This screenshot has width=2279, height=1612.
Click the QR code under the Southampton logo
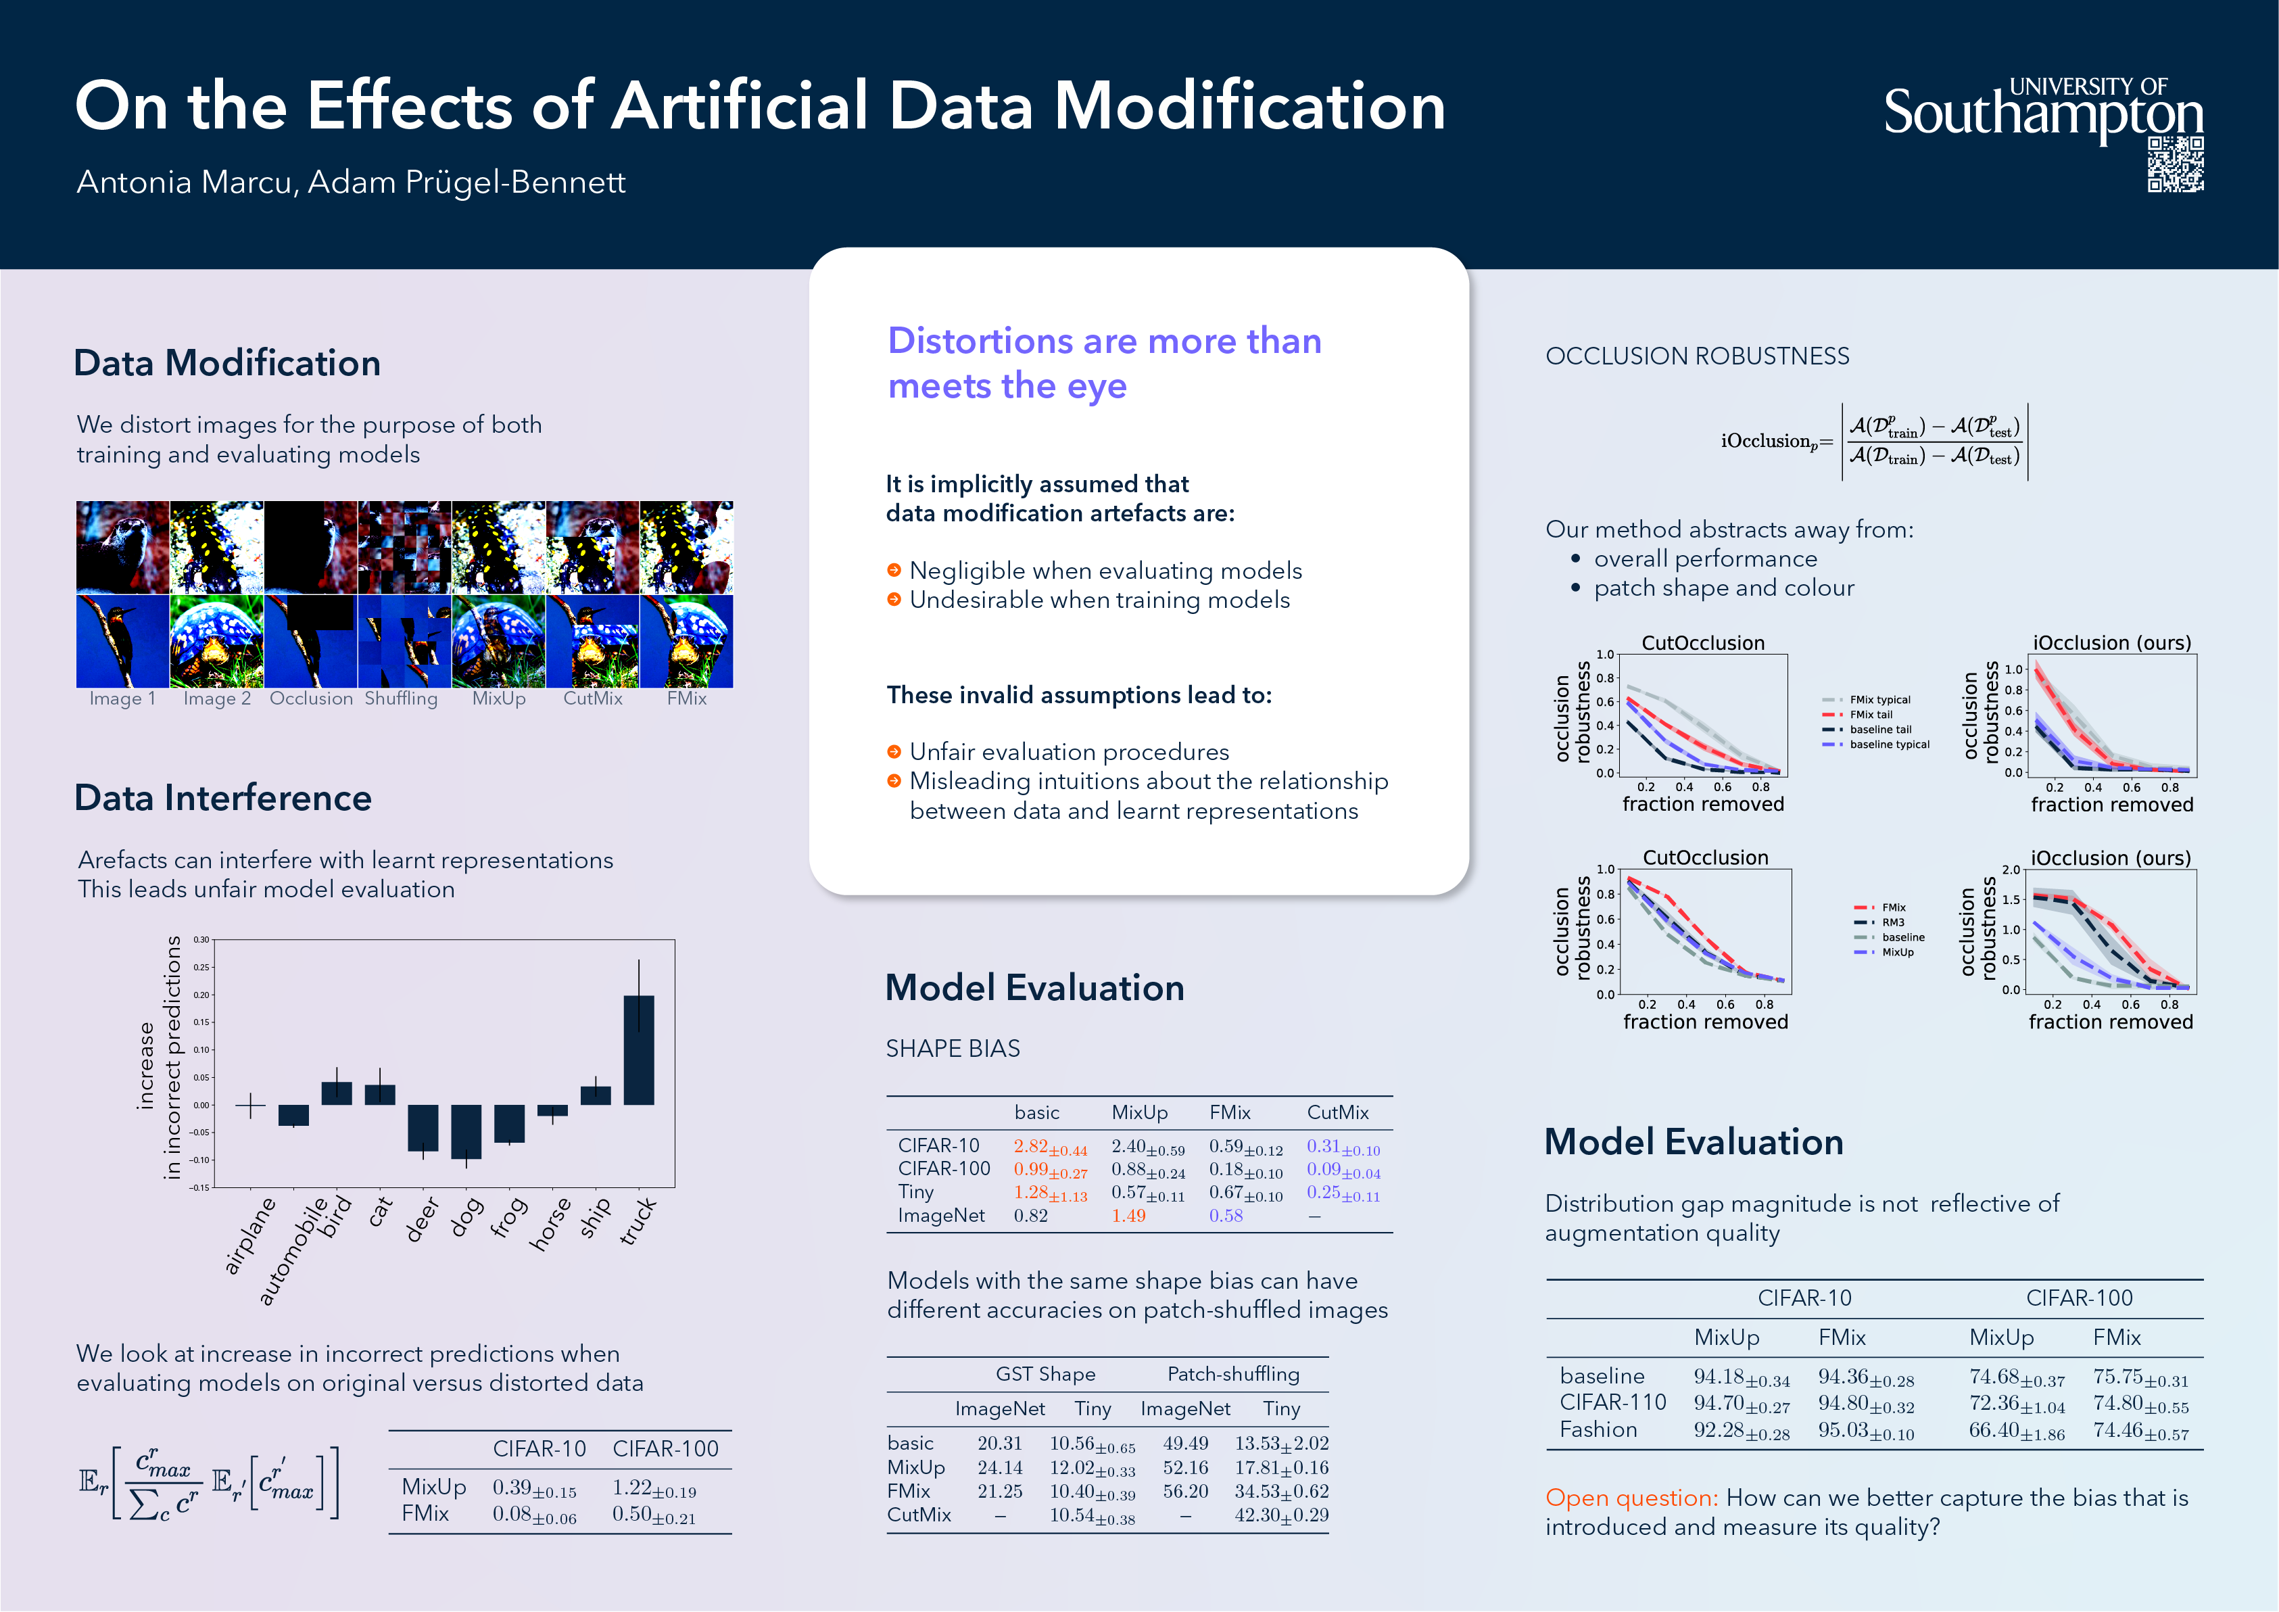(x=2175, y=165)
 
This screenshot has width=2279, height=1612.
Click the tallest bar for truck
(x=638, y=1049)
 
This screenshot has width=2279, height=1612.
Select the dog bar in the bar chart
(x=466, y=1131)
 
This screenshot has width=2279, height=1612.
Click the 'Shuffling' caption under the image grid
(x=401, y=698)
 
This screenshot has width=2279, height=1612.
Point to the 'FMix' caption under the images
(x=687, y=698)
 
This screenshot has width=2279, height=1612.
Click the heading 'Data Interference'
(x=223, y=798)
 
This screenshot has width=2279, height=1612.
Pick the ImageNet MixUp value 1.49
(x=1128, y=1216)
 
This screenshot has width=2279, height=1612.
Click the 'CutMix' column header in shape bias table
(x=1337, y=1113)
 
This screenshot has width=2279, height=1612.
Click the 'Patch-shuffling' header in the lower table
(x=1233, y=1374)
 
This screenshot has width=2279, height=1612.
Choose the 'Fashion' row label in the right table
(x=1598, y=1429)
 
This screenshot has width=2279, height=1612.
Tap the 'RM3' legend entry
(x=1893, y=922)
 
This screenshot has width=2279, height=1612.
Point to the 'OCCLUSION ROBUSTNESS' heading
(x=1698, y=356)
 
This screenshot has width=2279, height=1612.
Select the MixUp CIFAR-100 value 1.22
(x=632, y=1487)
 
